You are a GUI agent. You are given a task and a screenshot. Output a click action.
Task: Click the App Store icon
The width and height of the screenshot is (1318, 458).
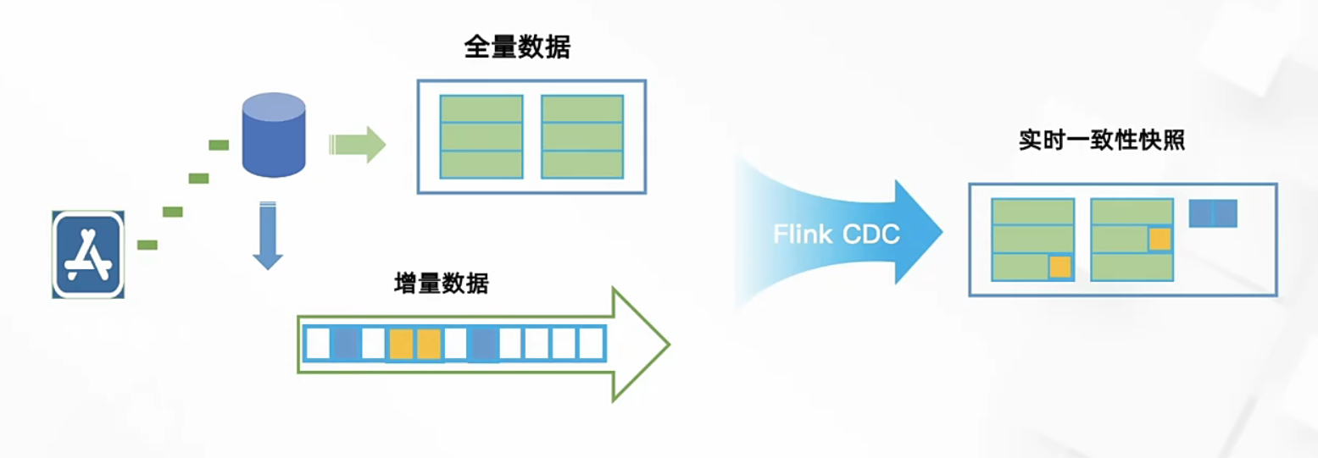pyautogui.click(x=88, y=255)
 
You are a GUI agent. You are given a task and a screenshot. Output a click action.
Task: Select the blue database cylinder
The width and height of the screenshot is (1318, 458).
pyautogui.click(x=274, y=135)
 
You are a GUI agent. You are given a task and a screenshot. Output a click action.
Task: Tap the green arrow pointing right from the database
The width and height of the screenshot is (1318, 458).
pyautogui.click(x=357, y=145)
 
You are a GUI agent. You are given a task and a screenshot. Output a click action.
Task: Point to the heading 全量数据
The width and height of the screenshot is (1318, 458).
pyautogui.click(x=517, y=47)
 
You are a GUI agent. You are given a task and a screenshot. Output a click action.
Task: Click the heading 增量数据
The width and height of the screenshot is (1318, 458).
pyautogui.click(x=441, y=283)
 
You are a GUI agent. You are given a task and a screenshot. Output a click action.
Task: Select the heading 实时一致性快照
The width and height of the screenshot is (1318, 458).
pyautogui.click(x=1101, y=141)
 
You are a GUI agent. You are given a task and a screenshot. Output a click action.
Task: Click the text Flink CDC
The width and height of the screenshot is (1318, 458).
pyautogui.click(x=836, y=235)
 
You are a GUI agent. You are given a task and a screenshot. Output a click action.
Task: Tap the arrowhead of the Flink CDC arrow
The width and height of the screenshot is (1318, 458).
pyautogui.click(x=920, y=231)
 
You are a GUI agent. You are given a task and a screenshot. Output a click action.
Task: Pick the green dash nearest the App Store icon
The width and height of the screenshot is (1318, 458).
pyautogui.click(x=147, y=245)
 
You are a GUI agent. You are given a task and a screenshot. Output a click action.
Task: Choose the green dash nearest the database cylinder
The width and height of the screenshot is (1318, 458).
pyautogui.click(x=219, y=145)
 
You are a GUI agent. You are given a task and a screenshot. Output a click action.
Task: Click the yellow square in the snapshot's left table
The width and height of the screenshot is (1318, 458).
pyautogui.click(x=1059, y=267)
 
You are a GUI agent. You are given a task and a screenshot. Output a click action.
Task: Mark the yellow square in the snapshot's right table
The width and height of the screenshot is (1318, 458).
pyautogui.click(x=1159, y=239)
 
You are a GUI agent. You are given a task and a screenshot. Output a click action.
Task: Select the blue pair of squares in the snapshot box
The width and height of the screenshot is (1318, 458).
pyautogui.click(x=1213, y=213)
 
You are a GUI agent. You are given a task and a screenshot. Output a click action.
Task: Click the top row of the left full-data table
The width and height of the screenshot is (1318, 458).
pyautogui.click(x=481, y=109)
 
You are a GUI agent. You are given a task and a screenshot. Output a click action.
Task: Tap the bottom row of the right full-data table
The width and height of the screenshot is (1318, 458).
pyautogui.click(x=582, y=164)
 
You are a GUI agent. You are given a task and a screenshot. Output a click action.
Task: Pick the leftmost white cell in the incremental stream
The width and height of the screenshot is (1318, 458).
pyautogui.click(x=318, y=344)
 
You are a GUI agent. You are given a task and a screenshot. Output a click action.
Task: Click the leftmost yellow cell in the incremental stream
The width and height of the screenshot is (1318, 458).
pyautogui.click(x=401, y=344)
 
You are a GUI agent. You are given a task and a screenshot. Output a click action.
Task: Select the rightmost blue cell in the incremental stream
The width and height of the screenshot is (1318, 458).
pyautogui.click(x=481, y=344)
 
